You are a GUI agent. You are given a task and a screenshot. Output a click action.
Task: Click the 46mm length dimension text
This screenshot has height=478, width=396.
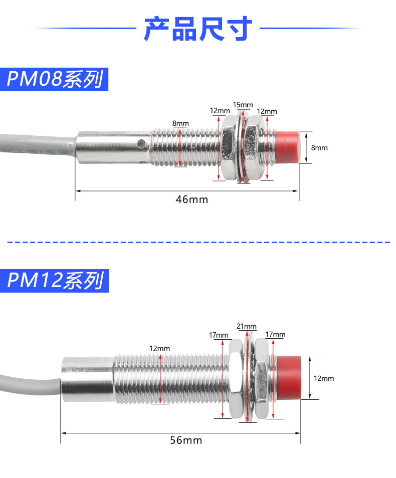point(191,199)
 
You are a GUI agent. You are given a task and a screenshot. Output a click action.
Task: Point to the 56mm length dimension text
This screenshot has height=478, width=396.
point(186,440)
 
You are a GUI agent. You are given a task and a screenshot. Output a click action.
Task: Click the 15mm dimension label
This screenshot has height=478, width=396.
point(243,105)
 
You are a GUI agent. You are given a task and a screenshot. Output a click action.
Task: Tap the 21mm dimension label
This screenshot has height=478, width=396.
point(247,327)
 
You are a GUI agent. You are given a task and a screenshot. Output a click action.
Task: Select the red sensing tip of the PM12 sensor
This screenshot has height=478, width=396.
point(289,377)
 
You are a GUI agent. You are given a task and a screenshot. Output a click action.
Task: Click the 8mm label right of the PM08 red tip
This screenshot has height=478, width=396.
point(319,148)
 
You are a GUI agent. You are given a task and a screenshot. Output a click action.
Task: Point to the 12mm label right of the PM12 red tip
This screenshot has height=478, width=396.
point(324,379)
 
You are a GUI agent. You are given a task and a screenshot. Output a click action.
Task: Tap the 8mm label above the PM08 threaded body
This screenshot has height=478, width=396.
point(180,123)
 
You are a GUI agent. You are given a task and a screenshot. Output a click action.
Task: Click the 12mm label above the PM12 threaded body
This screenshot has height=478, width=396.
point(160,348)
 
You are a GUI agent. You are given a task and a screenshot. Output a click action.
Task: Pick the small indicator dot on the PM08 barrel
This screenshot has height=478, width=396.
point(142,144)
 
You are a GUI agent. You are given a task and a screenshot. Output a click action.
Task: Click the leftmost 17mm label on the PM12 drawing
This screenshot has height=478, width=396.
point(219,335)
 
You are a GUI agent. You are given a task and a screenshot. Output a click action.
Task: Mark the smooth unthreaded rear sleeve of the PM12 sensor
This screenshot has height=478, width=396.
point(87,379)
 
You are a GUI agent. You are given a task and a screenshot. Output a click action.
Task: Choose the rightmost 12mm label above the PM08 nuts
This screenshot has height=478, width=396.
point(267,111)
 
